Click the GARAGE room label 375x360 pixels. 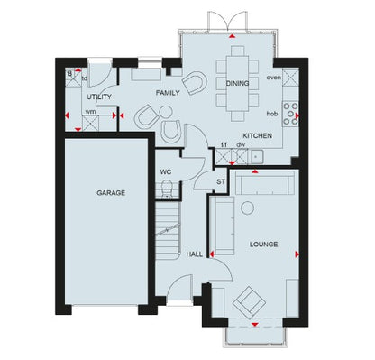point(112,192)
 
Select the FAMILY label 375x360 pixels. point(168,93)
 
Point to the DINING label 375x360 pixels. point(237,83)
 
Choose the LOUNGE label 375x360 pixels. point(263,245)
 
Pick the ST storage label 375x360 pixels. point(220,182)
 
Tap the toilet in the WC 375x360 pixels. point(167,189)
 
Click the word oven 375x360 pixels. point(275,78)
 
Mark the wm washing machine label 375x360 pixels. point(90,112)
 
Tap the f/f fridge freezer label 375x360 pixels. point(224,144)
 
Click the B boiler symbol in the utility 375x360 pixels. point(71,75)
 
